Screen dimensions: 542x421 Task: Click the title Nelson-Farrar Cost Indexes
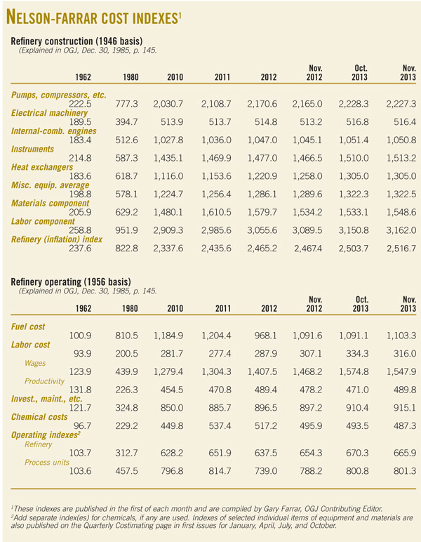tap(98, 16)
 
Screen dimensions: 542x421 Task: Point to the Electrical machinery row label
tap(53, 112)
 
